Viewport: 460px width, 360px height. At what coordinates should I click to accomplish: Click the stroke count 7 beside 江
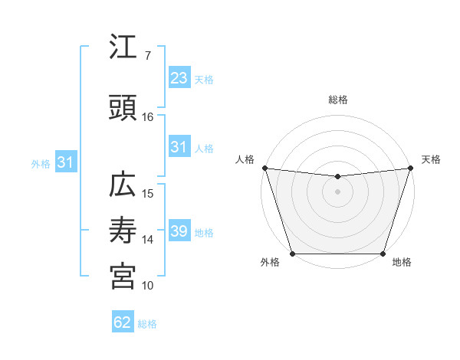click(x=147, y=56)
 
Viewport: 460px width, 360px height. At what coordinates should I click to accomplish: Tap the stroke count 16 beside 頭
click(x=148, y=117)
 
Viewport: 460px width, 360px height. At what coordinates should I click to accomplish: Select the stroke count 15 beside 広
click(x=148, y=194)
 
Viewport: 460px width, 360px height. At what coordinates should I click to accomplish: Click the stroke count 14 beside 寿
click(x=148, y=240)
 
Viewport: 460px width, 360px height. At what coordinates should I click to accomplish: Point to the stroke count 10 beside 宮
click(x=148, y=286)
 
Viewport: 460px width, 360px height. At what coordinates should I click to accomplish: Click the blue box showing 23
click(x=179, y=78)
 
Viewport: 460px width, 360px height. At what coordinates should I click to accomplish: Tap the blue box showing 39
click(x=179, y=231)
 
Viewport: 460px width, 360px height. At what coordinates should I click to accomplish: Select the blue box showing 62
click(x=122, y=322)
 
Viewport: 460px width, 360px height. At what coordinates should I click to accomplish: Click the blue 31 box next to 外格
click(x=65, y=162)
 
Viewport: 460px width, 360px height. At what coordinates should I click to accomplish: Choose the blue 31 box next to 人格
click(x=179, y=147)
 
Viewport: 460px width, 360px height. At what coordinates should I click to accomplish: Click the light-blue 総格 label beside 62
click(x=147, y=324)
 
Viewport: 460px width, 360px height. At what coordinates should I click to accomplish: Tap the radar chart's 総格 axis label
click(x=337, y=100)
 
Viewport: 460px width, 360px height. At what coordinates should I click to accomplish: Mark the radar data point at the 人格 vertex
click(x=265, y=168)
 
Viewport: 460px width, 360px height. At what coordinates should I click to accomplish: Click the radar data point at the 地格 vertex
click(x=383, y=254)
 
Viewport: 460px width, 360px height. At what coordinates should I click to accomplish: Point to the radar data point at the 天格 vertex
click(x=410, y=169)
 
